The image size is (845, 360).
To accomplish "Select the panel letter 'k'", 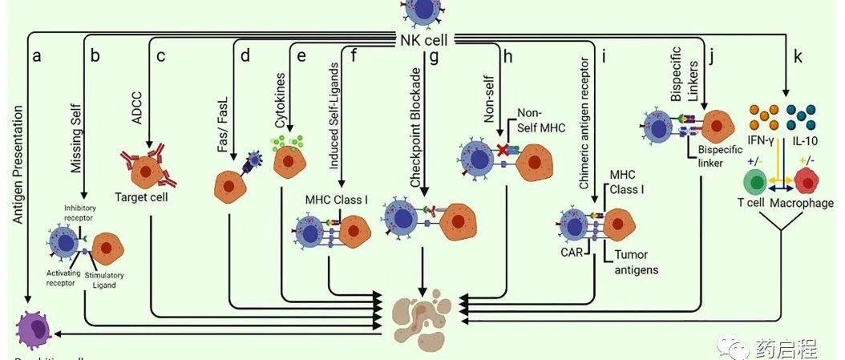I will tap(798, 57).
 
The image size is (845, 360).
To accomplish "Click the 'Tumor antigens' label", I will tap(637, 262).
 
